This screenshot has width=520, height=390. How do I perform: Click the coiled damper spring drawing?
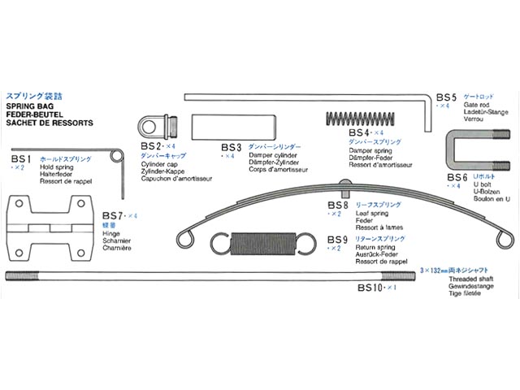tap(362, 118)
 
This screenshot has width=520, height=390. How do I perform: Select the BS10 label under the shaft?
tap(375, 288)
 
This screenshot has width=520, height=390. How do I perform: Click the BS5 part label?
tap(446, 96)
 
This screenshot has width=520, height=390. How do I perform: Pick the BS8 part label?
tap(337, 205)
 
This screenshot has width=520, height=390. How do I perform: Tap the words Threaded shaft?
tap(469, 278)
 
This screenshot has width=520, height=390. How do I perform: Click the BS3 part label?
tap(232, 147)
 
